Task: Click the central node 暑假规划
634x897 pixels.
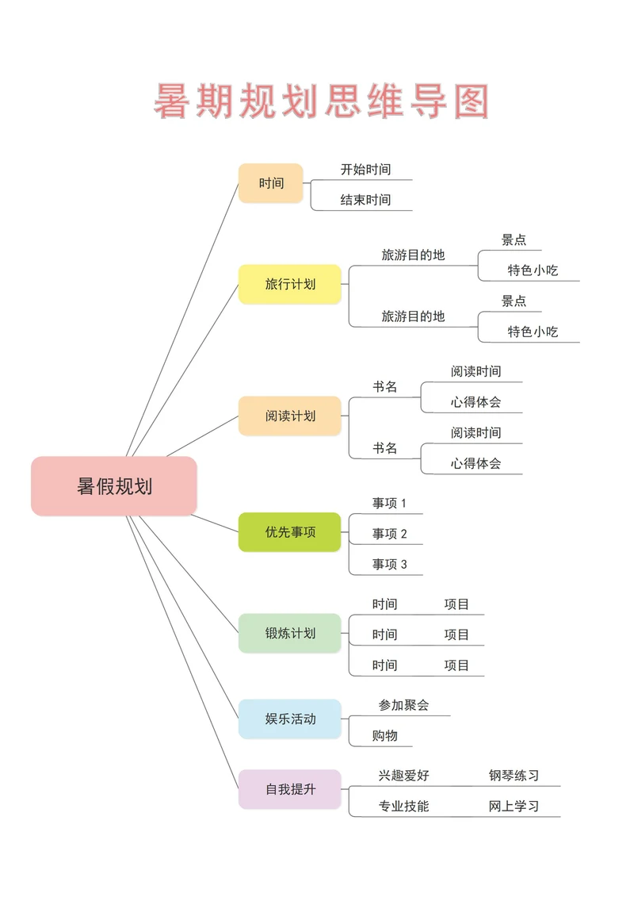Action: [x=114, y=486]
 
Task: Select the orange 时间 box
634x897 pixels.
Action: [x=271, y=183]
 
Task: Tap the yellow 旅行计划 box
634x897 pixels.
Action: [x=290, y=284]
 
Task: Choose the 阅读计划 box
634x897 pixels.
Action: [x=290, y=416]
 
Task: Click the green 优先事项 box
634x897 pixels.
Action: [x=290, y=532]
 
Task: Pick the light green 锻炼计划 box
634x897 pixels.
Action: [x=290, y=633]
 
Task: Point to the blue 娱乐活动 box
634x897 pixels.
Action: [x=290, y=719]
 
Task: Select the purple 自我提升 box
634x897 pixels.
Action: [x=290, y=789]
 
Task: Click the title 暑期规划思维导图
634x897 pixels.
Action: [x=322, y=102]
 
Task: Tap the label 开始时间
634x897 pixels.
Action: [x=365, y=170]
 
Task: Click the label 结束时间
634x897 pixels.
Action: [x=365, y=200]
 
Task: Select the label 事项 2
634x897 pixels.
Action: [x=389, y=534]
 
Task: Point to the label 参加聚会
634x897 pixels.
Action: [x=403, y=704]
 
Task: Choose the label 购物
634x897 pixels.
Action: [x=385, y=735]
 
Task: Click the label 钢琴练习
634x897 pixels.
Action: [x=514, y=776]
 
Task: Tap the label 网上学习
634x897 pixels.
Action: [x=514, y=806]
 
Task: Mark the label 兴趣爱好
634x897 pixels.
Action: [x=403, y=776]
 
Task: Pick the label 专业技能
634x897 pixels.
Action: [x=403, y=806]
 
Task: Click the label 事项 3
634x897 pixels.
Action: [x=389, y=564]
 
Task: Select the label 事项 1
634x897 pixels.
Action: [x=389, y=503]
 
